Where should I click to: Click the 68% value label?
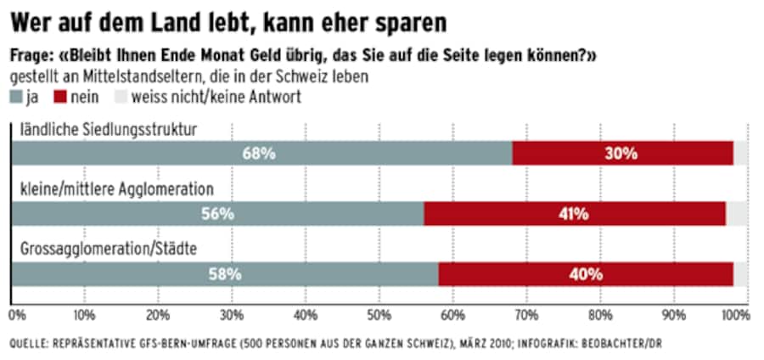pos(259,154)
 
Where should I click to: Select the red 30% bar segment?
pos(623,154)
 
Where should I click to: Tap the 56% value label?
pos(217,214)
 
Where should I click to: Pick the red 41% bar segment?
pos(575,214)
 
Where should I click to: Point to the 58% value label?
pos(226,274)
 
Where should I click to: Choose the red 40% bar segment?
pos(586,274)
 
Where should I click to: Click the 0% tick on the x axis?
pos(15,314)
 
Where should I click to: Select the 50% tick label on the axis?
pos(379,314)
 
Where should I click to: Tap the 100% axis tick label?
pos(735,314)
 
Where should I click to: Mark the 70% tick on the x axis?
pos(526,314)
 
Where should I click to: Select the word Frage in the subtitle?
pos(31,56)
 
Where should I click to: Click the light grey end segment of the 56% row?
pos(737,214)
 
